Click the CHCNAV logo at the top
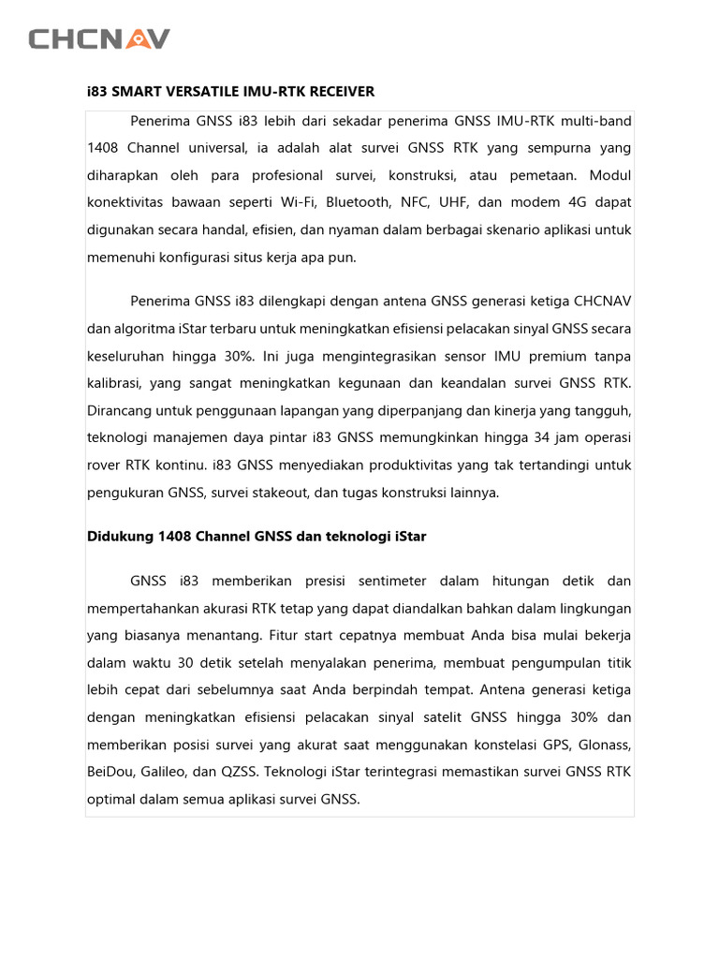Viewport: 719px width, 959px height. tap(99, 38)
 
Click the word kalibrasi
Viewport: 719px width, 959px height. tap(114, 383)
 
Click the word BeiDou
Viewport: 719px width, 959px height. tap(109, 773)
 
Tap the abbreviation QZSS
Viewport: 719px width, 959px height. tap(238, 773)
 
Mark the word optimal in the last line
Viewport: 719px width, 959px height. tap(111, 800)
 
